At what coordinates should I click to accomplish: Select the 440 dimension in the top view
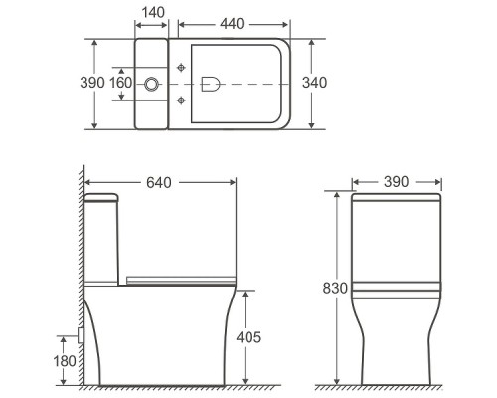229,21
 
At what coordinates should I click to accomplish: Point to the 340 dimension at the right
315,84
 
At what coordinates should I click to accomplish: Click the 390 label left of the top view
92,84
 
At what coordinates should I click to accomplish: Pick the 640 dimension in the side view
159,182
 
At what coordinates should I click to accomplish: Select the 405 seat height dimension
248,338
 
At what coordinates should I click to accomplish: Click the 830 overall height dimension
335,290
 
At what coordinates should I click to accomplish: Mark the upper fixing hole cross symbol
181,67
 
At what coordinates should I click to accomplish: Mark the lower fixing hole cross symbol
181,100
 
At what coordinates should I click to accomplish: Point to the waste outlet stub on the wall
80,336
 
